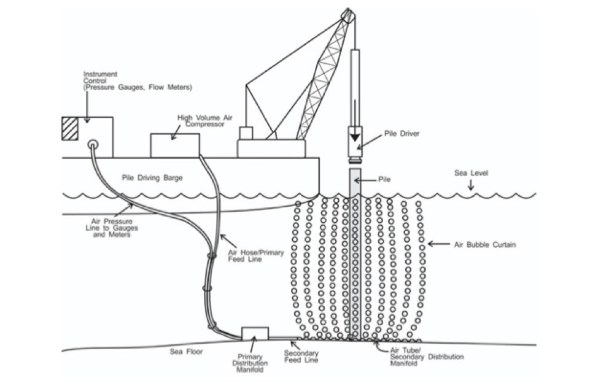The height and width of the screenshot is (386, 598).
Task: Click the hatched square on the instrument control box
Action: point(69,128)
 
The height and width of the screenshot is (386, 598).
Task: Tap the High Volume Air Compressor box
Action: point(175,145)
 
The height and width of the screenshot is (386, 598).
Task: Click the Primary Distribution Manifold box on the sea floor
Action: point(255,333)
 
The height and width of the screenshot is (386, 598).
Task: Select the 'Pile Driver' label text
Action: point(403,133)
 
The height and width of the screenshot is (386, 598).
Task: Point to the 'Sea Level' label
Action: point(471,173)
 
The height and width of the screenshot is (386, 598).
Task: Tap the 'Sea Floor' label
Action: point(186,352)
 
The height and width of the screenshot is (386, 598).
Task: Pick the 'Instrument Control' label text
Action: point(138,81)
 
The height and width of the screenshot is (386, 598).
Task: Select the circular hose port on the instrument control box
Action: point(93,145)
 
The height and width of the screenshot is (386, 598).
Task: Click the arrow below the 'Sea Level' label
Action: point(472,186)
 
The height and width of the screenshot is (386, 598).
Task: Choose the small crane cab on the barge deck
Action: point(246,133)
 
